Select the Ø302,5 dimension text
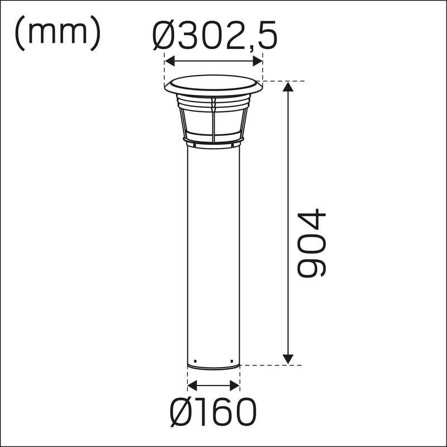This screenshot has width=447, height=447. point(215,35)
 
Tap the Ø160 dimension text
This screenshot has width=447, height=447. point(213,412)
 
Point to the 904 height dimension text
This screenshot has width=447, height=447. point(311,243)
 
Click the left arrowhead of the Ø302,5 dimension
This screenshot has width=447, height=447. point(170,61)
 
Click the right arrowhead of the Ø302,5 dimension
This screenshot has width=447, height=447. point(258,61)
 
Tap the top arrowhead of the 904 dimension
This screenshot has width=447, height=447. point(288,87)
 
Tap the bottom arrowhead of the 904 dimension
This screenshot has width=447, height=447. point(288,359)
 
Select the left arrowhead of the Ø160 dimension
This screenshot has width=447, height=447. point(192,386)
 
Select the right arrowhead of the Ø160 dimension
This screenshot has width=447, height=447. point(235,386)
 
